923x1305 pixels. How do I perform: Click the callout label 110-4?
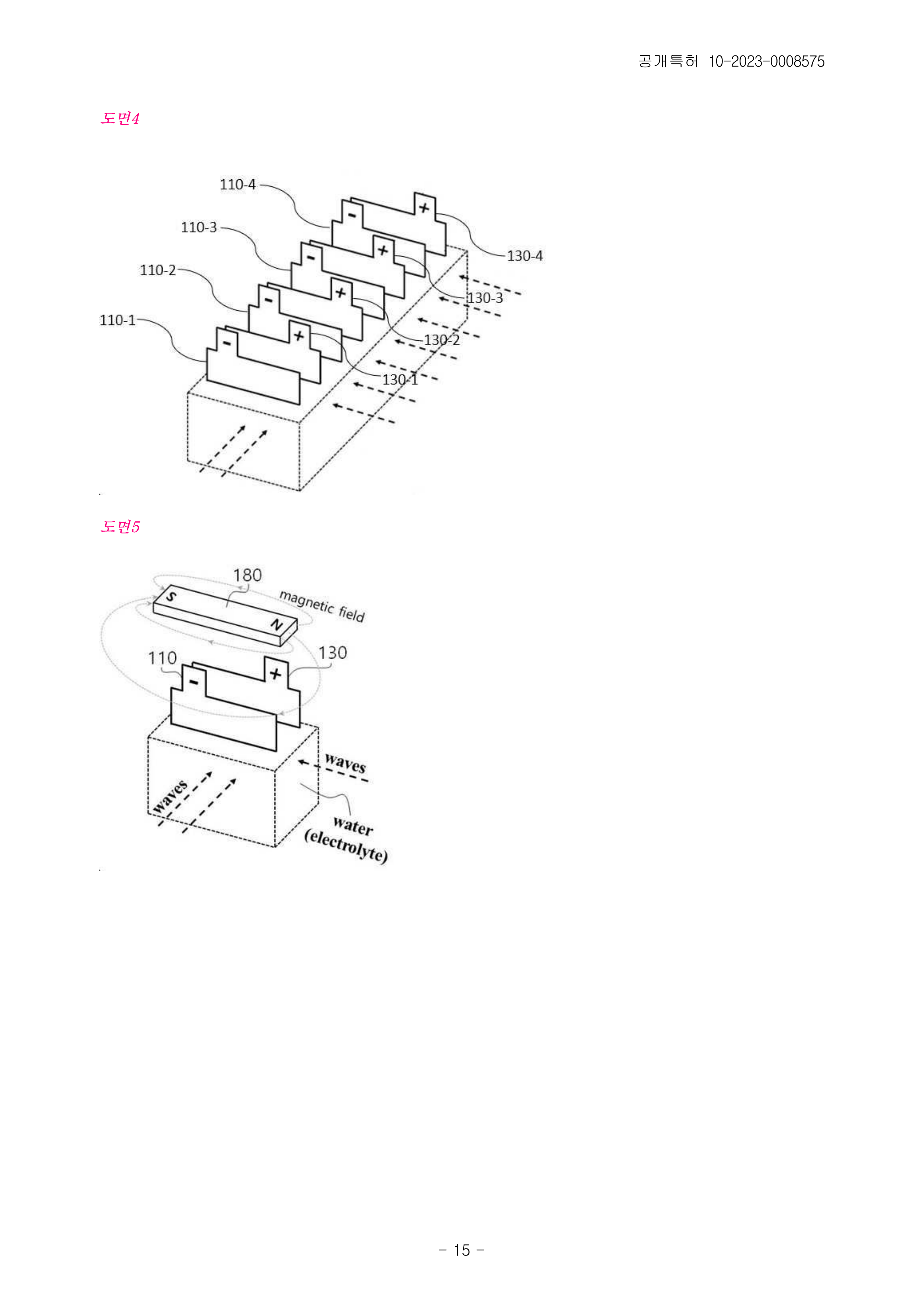[x=238, y=185]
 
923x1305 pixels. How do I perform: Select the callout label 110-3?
[x=199, y=227]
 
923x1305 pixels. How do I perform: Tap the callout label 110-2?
[x=158, y=270]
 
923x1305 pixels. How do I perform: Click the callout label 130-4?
[x=525, y=256]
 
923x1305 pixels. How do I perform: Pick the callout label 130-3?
[x=485, y=298]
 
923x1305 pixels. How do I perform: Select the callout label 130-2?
[x=442, y=340]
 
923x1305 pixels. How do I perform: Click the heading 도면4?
[x=120, y=118]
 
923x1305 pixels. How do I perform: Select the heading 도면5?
[x=120, y=526]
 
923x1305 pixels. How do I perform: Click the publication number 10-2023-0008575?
[x=767, y=61]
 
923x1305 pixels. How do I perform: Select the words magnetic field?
[x=322, y=606]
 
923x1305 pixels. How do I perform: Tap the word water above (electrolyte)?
[x=353, y=826]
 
